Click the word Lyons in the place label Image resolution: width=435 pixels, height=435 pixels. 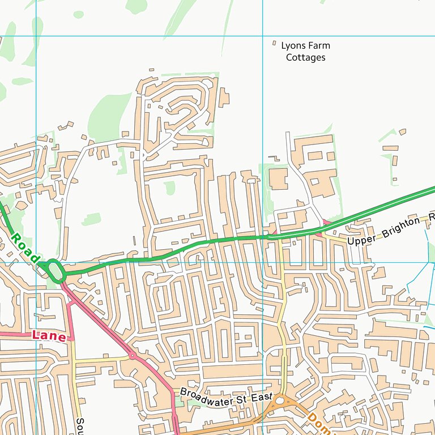(293, 46)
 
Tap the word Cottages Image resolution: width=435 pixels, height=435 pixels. (306, 57)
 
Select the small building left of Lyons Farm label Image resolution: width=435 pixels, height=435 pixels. (275, 43)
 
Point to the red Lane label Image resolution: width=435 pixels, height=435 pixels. (49, 335)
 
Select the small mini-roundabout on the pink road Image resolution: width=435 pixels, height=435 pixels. (132, 356)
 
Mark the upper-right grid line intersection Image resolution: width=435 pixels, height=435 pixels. (263, 36)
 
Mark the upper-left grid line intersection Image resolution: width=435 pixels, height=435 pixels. (36, 36)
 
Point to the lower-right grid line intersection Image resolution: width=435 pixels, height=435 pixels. (263, 262)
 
